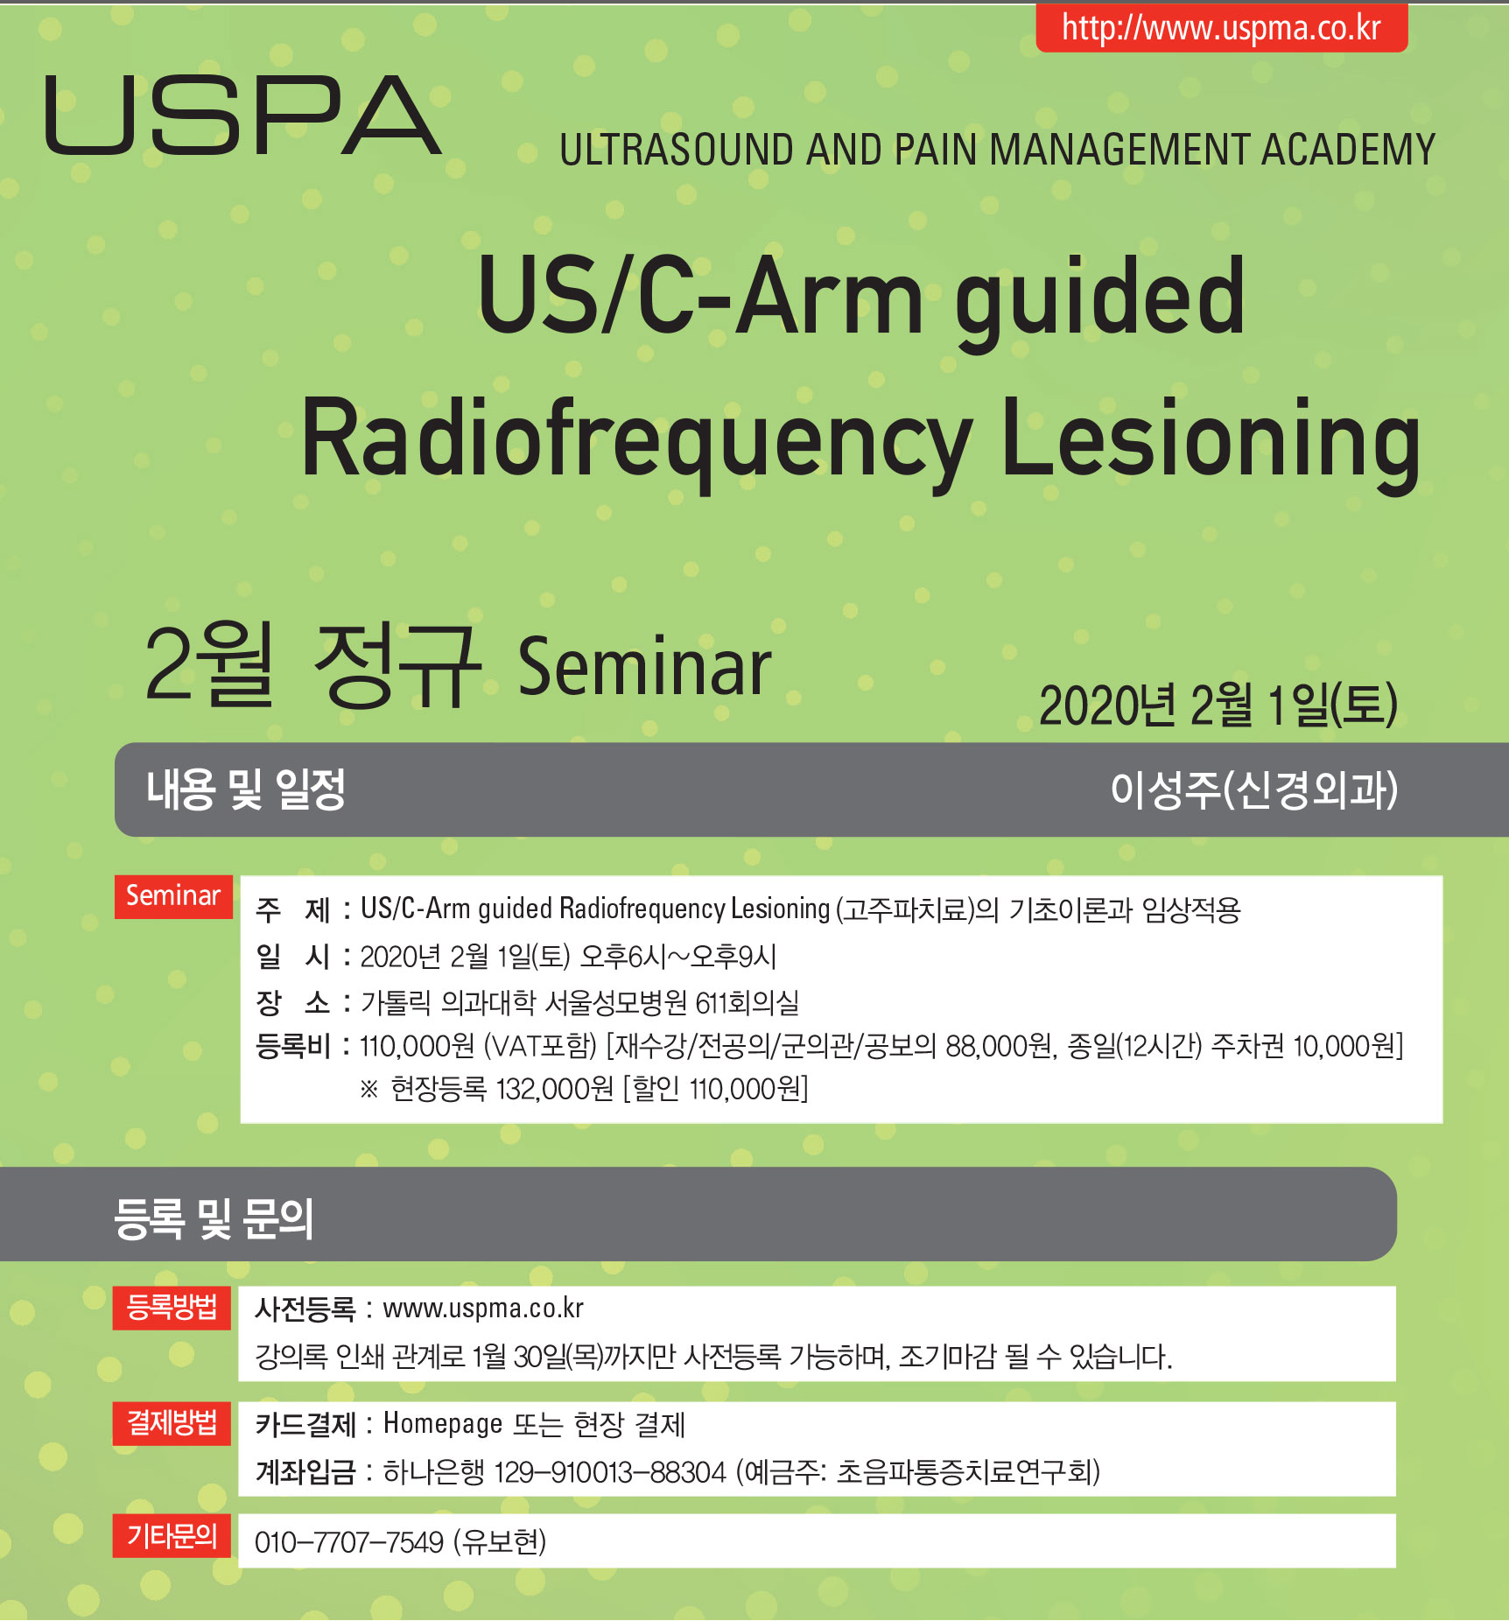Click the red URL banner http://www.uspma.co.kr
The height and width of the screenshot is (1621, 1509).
click(1222, 27)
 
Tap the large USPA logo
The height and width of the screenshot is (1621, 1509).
click(242, 116)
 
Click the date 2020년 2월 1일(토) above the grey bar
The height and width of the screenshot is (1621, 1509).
click(1218, 705)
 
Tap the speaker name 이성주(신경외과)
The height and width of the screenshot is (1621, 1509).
click(1253, 789)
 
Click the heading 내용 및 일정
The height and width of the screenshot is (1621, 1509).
click(246, 789)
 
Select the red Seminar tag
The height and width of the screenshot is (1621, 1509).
click(173, 896)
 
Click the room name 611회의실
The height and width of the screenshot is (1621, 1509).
click(747, 1002)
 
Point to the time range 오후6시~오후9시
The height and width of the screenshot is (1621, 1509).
click(678, 957)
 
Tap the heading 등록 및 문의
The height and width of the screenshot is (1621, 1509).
click(214, 1218)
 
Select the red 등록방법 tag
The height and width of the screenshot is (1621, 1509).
click(172, 1308)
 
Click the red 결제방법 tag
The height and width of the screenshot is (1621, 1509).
click(172, 1423)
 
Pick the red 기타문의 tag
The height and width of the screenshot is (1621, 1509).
click(172, 1535)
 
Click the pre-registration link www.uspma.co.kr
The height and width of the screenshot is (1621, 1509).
click(483, 1309)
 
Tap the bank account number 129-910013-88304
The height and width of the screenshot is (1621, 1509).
click(610, 1472)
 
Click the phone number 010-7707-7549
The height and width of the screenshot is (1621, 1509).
click(349, 1542)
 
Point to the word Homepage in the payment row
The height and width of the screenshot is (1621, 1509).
click(443, 1424)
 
